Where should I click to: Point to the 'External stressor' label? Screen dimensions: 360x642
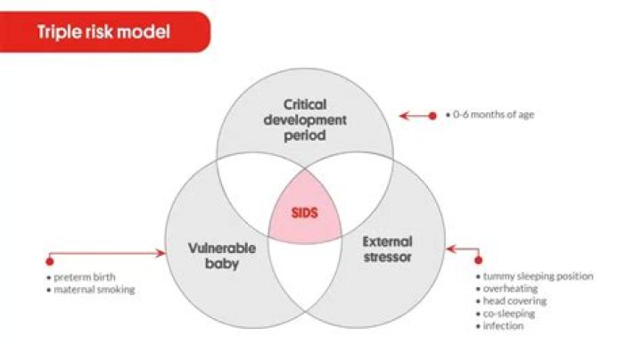pyautogui.click(x=387, y=249)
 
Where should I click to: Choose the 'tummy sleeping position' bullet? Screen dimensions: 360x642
pyautogui.click(x=535, y=276)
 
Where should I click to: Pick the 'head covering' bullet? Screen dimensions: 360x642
pyautogui.click(x=514, y=301)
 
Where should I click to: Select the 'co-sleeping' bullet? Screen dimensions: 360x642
pyautogui.click(x=508, y=314)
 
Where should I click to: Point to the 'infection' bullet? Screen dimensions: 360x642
pyautogui.click(x=503, y=326)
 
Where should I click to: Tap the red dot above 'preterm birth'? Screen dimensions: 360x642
pyautogui.click(x=50, y=261)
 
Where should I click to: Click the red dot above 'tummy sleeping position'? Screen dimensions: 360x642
pyautogui.click(x=478, y=261)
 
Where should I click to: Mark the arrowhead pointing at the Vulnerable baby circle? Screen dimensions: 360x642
pyautogui.click(x=162, y=253)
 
